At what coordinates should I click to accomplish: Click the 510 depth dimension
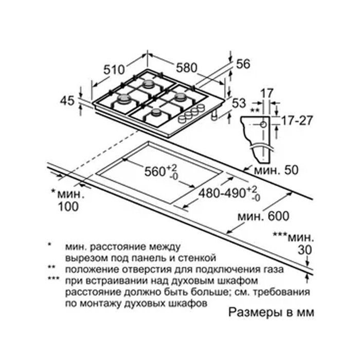(x=114, y=69)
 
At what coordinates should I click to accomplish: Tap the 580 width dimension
(x=187, y=68)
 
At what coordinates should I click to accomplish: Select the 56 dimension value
(x=243, y=64)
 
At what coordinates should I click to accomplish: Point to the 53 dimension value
(x=239, y=103)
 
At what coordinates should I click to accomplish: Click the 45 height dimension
(x=67, y=101)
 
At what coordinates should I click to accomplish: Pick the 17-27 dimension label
(x=297, y=121)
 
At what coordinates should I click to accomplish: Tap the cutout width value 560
(x=155, y=171)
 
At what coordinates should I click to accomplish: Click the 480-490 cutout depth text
(x=222, y=193)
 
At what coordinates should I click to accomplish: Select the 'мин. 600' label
(x=263, y=217)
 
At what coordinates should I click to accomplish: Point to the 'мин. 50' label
(x=276, y=170)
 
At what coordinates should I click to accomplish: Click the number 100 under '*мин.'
(x=68, y=207)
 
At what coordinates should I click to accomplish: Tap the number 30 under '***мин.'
(x=305, y=250)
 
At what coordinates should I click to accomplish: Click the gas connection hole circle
(x=263, y=124)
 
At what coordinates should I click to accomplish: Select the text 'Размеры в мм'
(x=271, y=313)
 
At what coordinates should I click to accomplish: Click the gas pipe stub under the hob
(x=214, y=115)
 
